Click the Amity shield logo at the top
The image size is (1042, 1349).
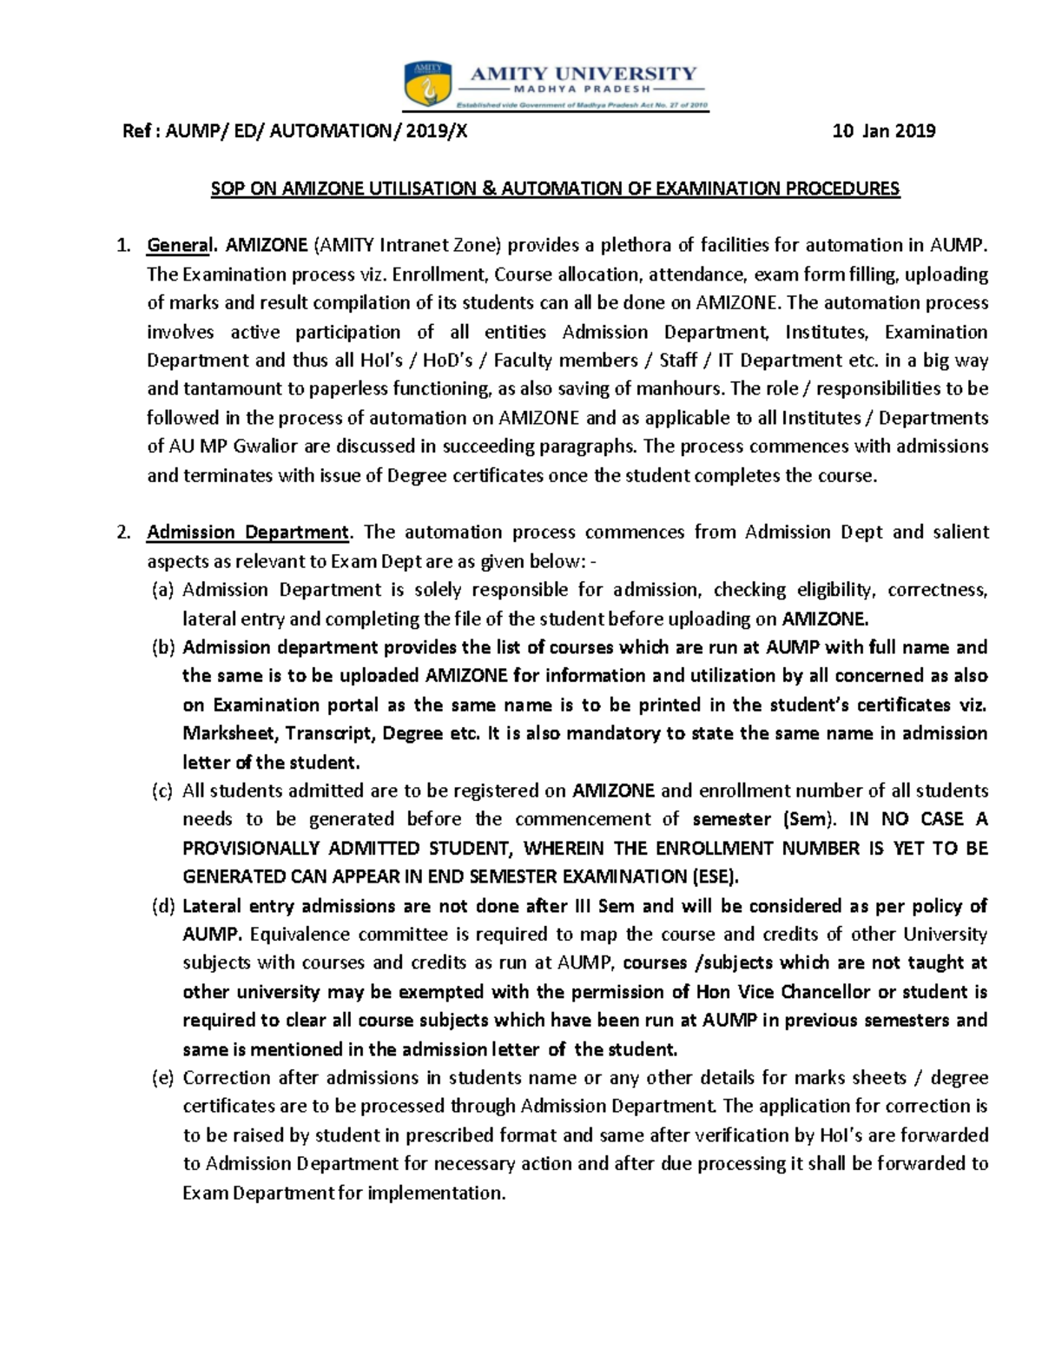pos(426,86)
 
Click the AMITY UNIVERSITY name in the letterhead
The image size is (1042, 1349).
pos(583,74)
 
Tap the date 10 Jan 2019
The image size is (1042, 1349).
pos(883,131)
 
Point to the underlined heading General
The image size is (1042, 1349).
pos(178,246)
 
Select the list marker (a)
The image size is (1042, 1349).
pos(162,591)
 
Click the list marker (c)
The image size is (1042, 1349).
pos(162,791)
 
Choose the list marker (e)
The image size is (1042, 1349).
pos(162,1078)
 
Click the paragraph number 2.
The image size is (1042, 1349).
pos(124,532)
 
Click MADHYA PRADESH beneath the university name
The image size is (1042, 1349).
pos(583,89)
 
